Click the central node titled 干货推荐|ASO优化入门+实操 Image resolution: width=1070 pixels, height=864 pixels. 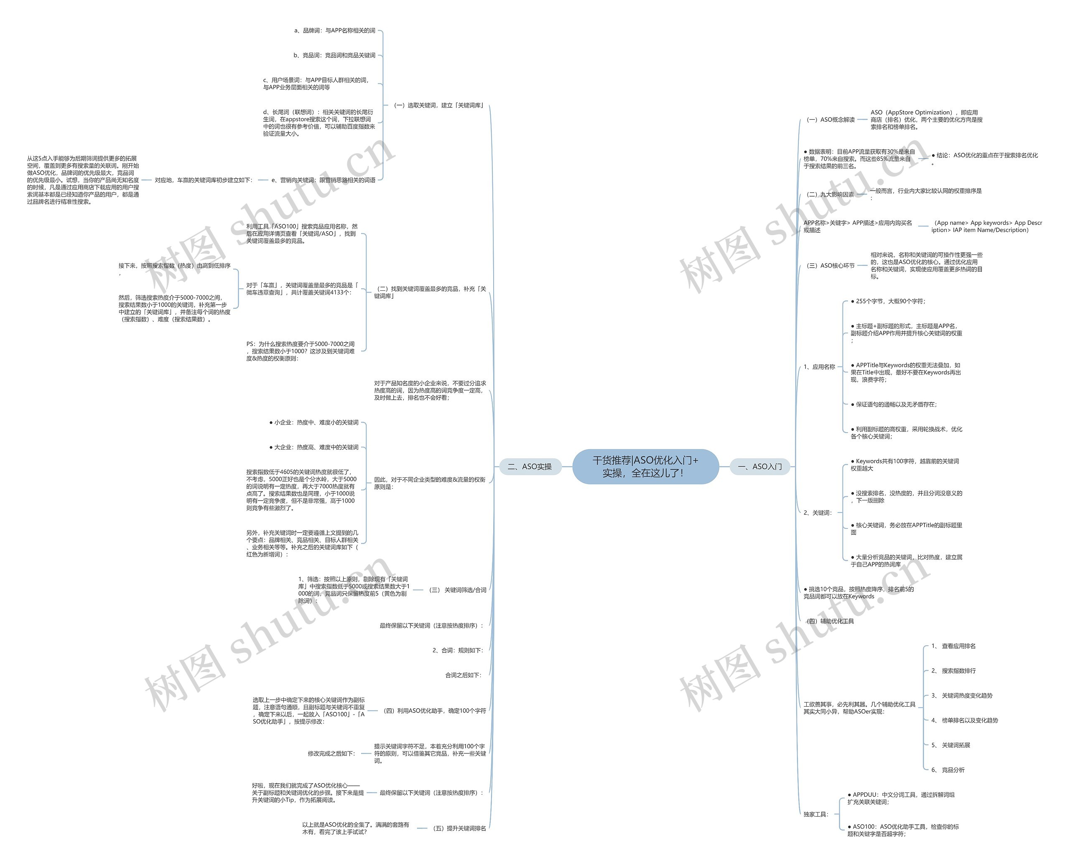(x=645, y=467)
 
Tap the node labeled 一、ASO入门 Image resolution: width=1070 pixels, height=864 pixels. (x=760, y=467)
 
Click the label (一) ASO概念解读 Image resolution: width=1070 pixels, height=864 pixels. (x=830, y=119)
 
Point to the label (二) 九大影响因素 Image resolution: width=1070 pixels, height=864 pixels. (x=829, y=195)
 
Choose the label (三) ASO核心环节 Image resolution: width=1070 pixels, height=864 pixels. (x=830, y=266)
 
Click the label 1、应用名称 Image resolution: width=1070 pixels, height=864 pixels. (x=819, y=367)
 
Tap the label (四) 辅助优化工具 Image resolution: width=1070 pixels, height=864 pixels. (x=829, y=621)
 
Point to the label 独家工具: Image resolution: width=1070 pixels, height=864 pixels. (x=816, y=814)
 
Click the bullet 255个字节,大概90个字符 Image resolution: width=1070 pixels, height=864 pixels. (x=887, y=301)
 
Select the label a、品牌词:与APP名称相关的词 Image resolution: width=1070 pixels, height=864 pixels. (x=335, y=31)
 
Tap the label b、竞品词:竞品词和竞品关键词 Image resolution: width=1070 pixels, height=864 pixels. (x=334, y=55)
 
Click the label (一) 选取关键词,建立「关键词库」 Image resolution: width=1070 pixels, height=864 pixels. (x=438, y=105)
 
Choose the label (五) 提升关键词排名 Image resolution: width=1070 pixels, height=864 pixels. (x=458, y=828)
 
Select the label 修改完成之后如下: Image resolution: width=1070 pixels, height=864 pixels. (x=331, y=754)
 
